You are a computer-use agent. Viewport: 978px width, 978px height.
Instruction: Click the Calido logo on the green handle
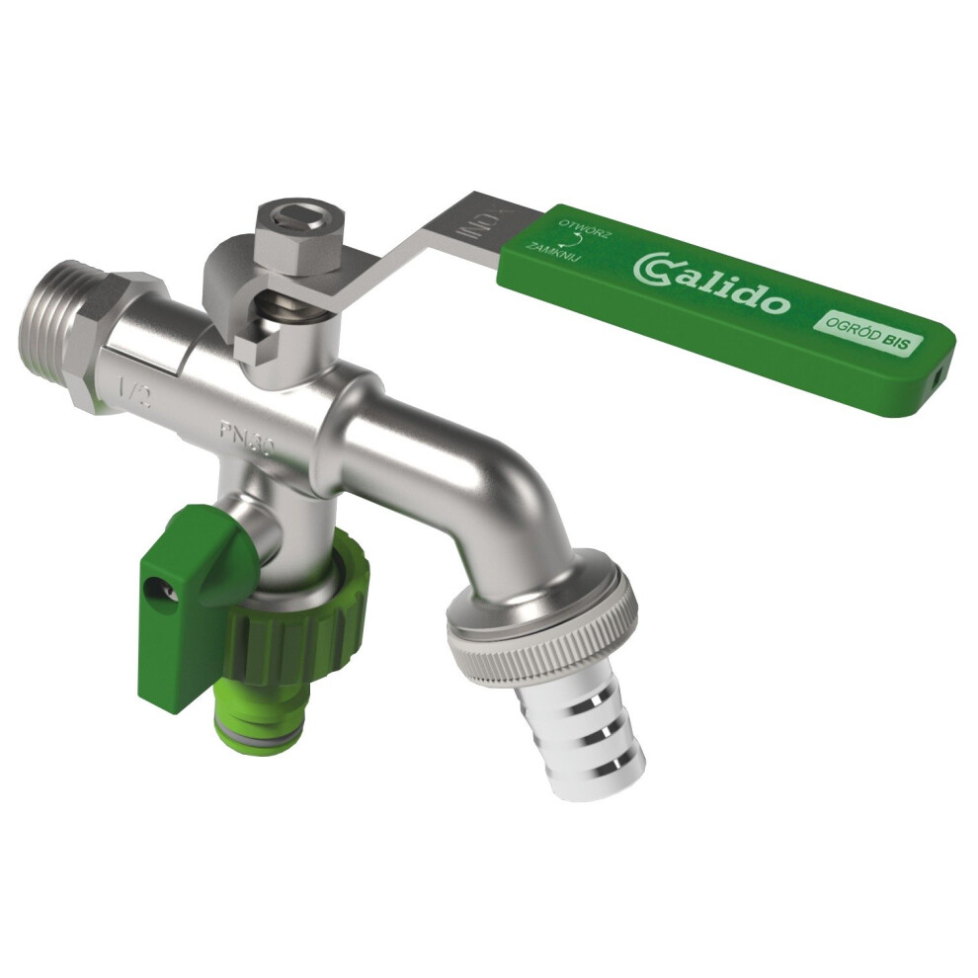click(x=711, y=283)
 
